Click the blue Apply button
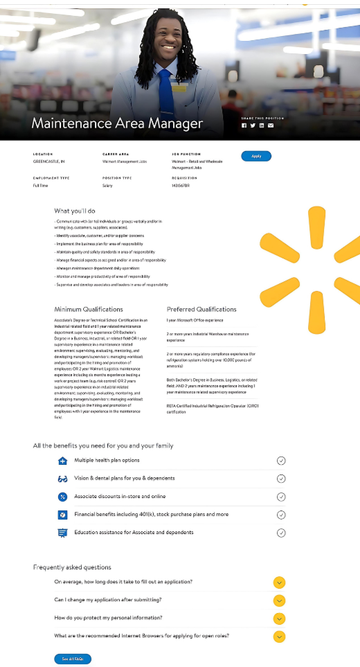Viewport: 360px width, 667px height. pyautogui.click(x=256, y=156)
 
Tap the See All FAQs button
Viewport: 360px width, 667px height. pyautogui.click(x=73, y=659)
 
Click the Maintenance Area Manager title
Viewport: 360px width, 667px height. pyautogui.click(x=117, y=124)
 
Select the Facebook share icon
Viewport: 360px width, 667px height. pyautogui.click(x=244, y=125)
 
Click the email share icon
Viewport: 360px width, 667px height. pyautogui.click(x=271, y=125)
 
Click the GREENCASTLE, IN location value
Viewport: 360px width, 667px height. pyautogui.click(x=49, y=161)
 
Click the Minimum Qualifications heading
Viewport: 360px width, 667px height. pyautogui.click(x=89, y=309)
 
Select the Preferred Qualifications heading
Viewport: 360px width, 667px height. pyautogui.click(x=201, y=309)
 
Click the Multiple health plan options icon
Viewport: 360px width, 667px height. pyautogui.click(x=62, y=461)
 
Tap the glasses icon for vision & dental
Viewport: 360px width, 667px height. pyautogui.click(x=62, y=479)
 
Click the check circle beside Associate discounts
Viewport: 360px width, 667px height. pyautogui.click(x=281, y=497)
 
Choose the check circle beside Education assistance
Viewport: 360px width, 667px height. pyautogui.click(x=281, y=533)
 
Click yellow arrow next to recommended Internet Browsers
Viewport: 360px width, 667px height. pyautogui.click(x=279, y=636)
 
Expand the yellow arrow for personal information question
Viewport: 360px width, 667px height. pyautogui.click(x=279, y=618)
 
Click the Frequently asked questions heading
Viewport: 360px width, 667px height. pyautogui.click(x=72, y=567)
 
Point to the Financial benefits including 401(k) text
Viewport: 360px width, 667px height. pyautogui.click(x=151, y=515)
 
